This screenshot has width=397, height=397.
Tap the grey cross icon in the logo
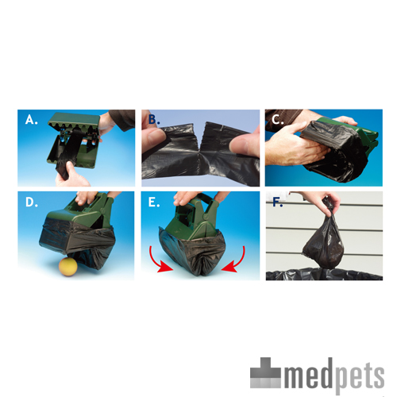[x=268, y=371]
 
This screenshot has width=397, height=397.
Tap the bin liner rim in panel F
[x=318, y=274]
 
